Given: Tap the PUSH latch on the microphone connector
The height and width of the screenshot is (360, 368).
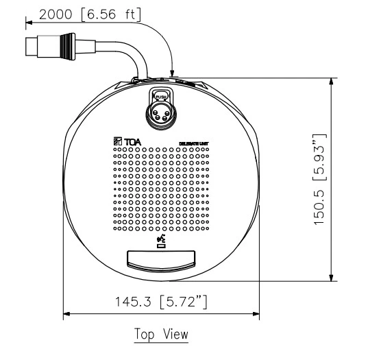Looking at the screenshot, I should coord(162,96).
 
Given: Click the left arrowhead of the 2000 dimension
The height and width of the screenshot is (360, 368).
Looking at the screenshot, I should coord(29,23).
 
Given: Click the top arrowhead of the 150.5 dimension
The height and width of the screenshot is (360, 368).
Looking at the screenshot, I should coord(332,80).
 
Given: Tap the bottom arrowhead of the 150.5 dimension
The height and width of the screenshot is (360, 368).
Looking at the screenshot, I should coord(332,278).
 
